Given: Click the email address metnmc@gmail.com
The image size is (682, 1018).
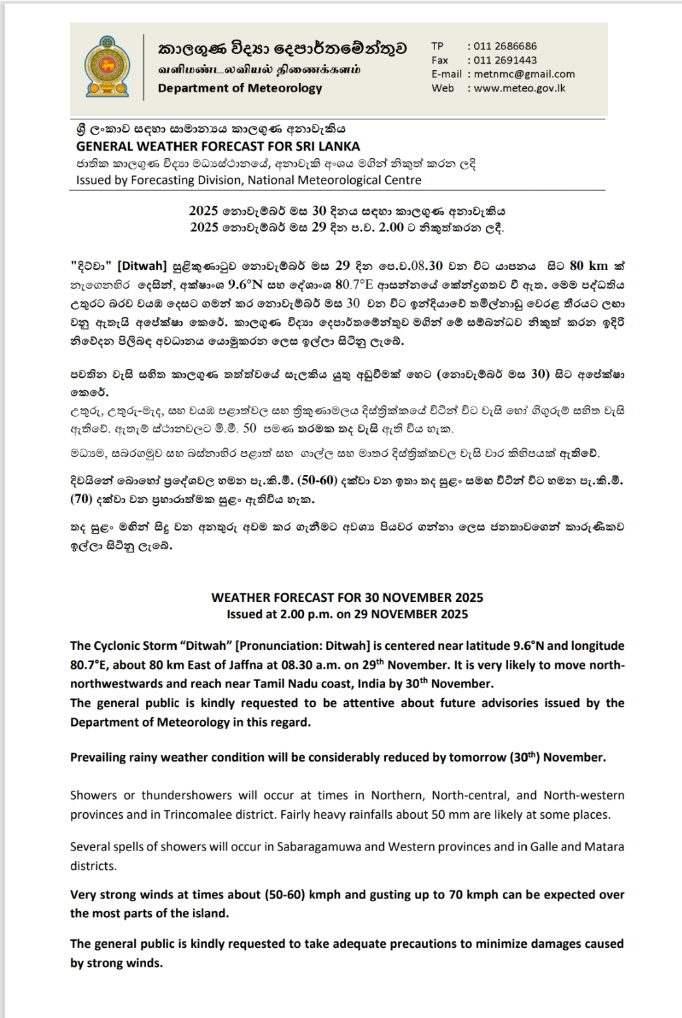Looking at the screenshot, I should tap(524, 74).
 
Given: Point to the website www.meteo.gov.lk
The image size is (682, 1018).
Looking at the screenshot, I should tap(519, 88).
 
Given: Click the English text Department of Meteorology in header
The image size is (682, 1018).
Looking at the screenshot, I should tap(240, 88).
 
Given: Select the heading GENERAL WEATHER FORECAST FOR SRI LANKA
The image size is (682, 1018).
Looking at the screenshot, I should tap(218, 146).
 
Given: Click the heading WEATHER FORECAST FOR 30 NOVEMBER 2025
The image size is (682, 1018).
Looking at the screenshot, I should tap(347, 597).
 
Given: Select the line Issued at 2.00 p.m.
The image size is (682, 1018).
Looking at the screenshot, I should tap(347, 614).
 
